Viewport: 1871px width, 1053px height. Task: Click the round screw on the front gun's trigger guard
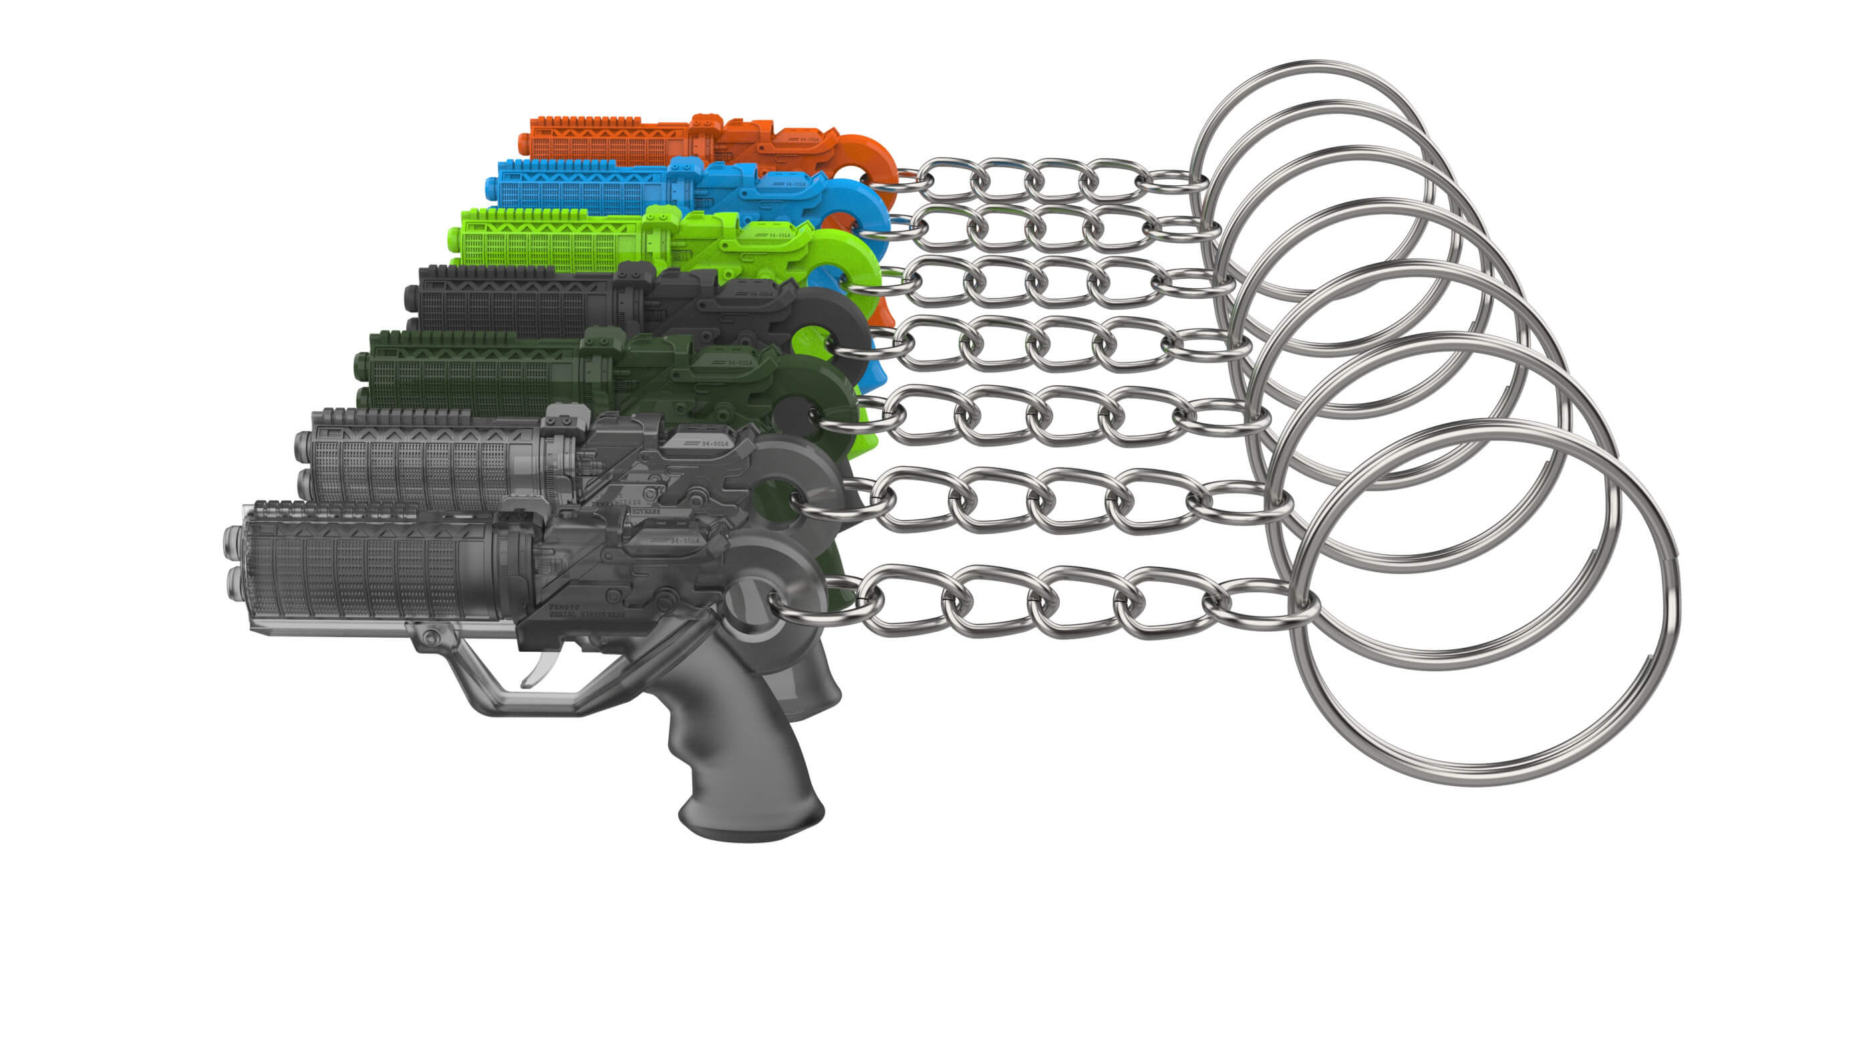coord(432,637)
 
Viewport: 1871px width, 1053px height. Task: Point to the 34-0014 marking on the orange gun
coord(813,138)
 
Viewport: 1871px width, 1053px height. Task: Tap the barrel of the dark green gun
coord(472,374)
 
